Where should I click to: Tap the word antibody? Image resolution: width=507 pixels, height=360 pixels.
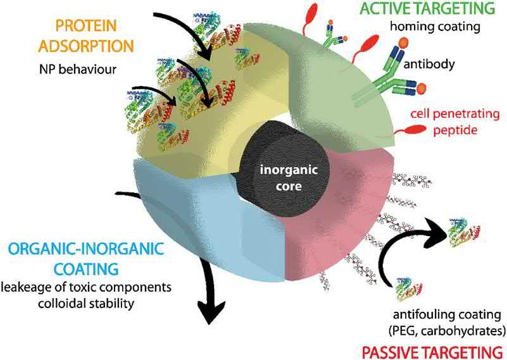444,65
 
